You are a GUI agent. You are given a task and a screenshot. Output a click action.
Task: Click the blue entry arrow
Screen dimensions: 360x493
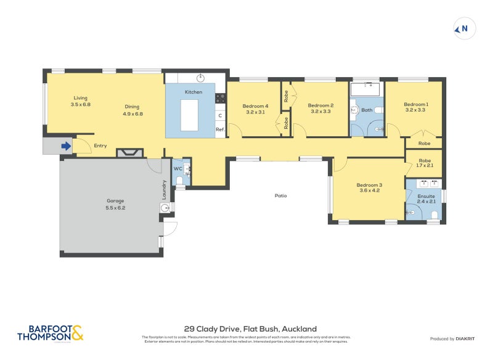pyautogui.click(x=65, y=146)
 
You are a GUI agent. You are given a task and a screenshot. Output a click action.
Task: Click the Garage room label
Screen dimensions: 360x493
pyautogui.click(x=115, y=201)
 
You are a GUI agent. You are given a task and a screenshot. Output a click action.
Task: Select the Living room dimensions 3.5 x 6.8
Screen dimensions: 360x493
pyautogui.click(x=81, y=105)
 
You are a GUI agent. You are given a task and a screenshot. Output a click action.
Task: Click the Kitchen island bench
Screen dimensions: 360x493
pyautogui.click(x=190, y=114)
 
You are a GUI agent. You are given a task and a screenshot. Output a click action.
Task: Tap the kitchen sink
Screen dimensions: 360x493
pyautogui.click(x=200, y=78)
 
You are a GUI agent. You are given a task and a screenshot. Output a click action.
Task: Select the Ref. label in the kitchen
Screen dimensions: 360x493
pyautogui.click(x=219, y=129)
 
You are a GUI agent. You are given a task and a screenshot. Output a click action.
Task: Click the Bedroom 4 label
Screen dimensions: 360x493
pyautogui.click(x=255, y=105)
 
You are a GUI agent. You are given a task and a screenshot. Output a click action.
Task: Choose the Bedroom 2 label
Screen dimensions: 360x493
pyautogui.click(x=320, y=105)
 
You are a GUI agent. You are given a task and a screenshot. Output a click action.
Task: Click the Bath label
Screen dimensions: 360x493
pyautogui.click(x=367, y=110)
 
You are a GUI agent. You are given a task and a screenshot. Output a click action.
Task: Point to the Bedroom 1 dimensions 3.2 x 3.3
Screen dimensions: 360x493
pyautogui.click(x=416, y=111)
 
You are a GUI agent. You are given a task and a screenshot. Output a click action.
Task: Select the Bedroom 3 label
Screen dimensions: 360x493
pyautogui.click(x=369, y=185)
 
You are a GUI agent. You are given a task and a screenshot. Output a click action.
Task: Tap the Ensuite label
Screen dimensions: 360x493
pyautogui.click(x=426, y=196)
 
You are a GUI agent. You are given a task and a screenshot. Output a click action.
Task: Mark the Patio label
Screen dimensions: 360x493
pyautogui.click(x=280, y=195)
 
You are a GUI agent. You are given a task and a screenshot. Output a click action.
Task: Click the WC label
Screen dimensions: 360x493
pyautogui.click(x=177, y=168)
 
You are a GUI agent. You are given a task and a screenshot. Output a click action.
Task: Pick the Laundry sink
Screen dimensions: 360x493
pyautogui.click(x=165, y=208)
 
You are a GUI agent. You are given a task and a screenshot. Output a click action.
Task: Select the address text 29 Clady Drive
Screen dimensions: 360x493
pyautogui.click(x=250, y=329)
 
